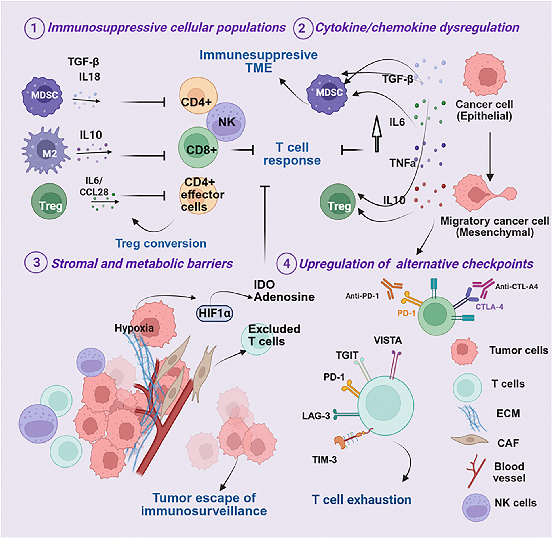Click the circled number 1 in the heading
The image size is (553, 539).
coord(35,28)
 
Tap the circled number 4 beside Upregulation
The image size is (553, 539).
coord(287,264)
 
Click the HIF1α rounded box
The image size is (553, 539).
coord(215,313)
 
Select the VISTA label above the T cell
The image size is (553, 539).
coord(388,340)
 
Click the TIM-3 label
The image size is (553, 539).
coord(324,460)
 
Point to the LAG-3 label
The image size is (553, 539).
coord(316,416)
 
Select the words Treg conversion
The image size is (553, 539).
coord(161,243)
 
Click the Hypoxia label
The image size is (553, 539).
coord(134,328)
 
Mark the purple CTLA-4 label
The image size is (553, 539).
coord(489,307)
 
